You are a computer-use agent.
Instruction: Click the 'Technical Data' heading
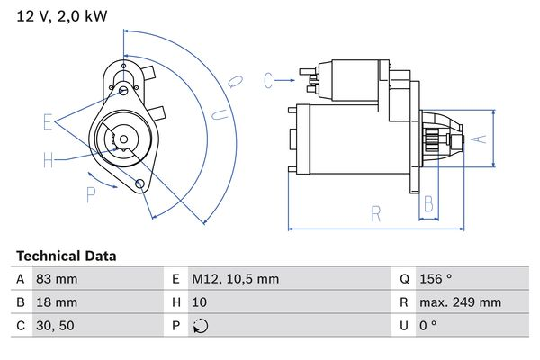67,256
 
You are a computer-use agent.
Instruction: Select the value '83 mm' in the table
56,279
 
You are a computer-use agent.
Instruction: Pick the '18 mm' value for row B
56,302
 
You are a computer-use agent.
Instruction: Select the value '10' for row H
199,302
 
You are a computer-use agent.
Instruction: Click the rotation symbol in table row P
200,326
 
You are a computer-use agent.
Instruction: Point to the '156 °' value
437,279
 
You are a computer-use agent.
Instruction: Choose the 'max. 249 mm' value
461,302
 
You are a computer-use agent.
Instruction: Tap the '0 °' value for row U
429,326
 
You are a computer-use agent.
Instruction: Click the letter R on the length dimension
376,214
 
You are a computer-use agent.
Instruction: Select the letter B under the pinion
429,202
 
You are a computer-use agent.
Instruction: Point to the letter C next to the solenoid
268,81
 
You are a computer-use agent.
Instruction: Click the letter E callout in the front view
48,121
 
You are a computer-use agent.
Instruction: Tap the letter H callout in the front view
48,160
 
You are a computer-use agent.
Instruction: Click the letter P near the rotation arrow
91,193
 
